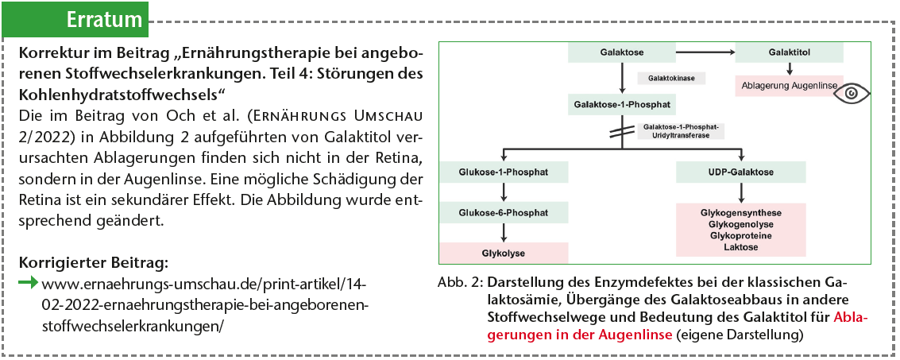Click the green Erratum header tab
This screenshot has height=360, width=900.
pos(75,19)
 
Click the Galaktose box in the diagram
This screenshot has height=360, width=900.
pos(622,52)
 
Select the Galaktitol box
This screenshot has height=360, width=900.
pos(789,52)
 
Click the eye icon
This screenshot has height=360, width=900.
pos(853,92)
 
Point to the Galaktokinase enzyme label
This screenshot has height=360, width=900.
pos(671,78)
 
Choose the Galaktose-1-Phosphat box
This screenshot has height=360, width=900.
pos(622,104)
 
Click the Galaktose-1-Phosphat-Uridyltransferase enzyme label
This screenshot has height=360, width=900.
pos(681,131)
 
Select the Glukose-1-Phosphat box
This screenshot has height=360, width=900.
pos(504,172)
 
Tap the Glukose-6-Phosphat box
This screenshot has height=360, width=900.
pos(504,212)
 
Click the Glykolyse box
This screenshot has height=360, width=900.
pos(504,253)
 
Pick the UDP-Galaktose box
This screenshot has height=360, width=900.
pos(740,172)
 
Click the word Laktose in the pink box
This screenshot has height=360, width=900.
pos(740,247)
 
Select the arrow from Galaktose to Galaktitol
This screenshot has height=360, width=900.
pos(705,52)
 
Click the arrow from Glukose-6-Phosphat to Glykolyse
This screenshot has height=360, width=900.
pos(504,233)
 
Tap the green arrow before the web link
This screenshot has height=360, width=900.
pos(29,282)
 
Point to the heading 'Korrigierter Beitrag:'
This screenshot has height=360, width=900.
pos(94,263)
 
